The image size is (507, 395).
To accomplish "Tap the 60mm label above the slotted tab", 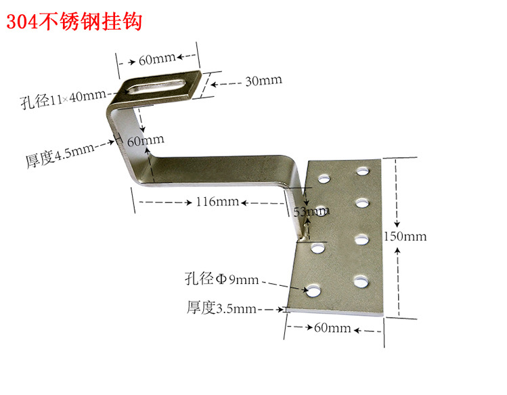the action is click(157, 60).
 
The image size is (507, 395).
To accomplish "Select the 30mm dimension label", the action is click(263, 81).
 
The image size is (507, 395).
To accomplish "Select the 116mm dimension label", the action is click(210, 201).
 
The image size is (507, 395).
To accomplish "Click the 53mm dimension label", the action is click(309, 212).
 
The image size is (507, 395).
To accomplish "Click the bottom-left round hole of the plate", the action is click(315, 290).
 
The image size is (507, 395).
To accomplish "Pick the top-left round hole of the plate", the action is click(323, 178).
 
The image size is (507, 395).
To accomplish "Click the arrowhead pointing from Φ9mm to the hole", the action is click(303, 287).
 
